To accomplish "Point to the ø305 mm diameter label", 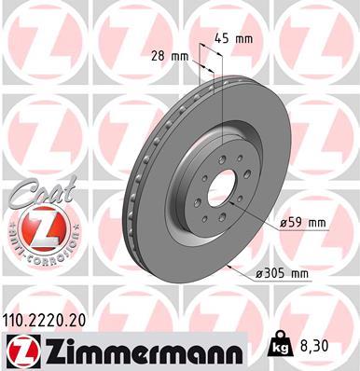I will pyautogui.click(x=285, y=273).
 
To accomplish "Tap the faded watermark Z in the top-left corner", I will pyautogui.click(x=28, y=33).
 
